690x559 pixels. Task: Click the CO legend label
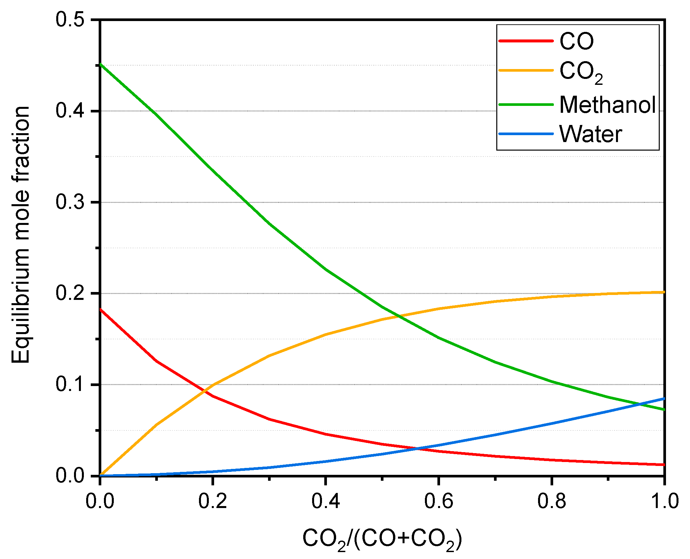(576, 41)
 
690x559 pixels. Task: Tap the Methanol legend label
(607, 105)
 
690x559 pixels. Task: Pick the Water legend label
(591, 134)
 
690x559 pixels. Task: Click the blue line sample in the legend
(526, 134)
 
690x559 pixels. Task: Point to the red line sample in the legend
(526, 41)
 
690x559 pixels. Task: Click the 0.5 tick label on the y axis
(70, 20)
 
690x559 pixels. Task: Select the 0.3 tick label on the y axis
(70, 202)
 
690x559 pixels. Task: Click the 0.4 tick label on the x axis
(326, 502)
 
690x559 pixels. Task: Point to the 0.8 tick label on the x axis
(552, 502)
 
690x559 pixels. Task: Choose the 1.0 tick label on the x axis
(664, 502)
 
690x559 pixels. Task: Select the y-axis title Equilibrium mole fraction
(20, 235)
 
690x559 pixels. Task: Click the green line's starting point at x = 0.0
(100, 64)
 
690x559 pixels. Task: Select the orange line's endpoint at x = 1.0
(664, 292)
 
